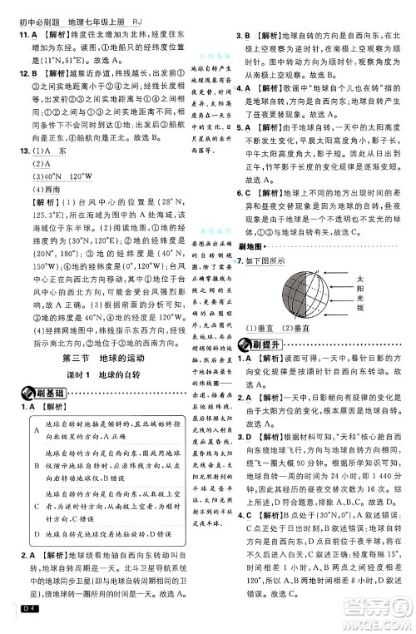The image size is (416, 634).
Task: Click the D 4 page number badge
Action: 17,615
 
